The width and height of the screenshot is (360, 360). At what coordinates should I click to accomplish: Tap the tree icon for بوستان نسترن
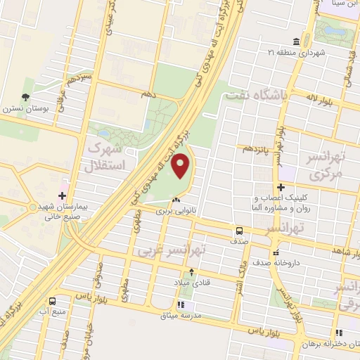point(26,98)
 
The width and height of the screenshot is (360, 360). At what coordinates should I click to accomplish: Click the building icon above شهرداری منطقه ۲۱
point(292,41)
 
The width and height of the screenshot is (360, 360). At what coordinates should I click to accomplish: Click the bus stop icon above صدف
point(239,230)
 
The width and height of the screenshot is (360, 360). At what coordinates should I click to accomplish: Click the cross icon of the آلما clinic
point(281,188)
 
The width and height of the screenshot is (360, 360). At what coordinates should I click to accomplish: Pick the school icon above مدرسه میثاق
point(180,305)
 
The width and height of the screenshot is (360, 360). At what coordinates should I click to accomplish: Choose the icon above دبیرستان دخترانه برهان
point(340,333)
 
